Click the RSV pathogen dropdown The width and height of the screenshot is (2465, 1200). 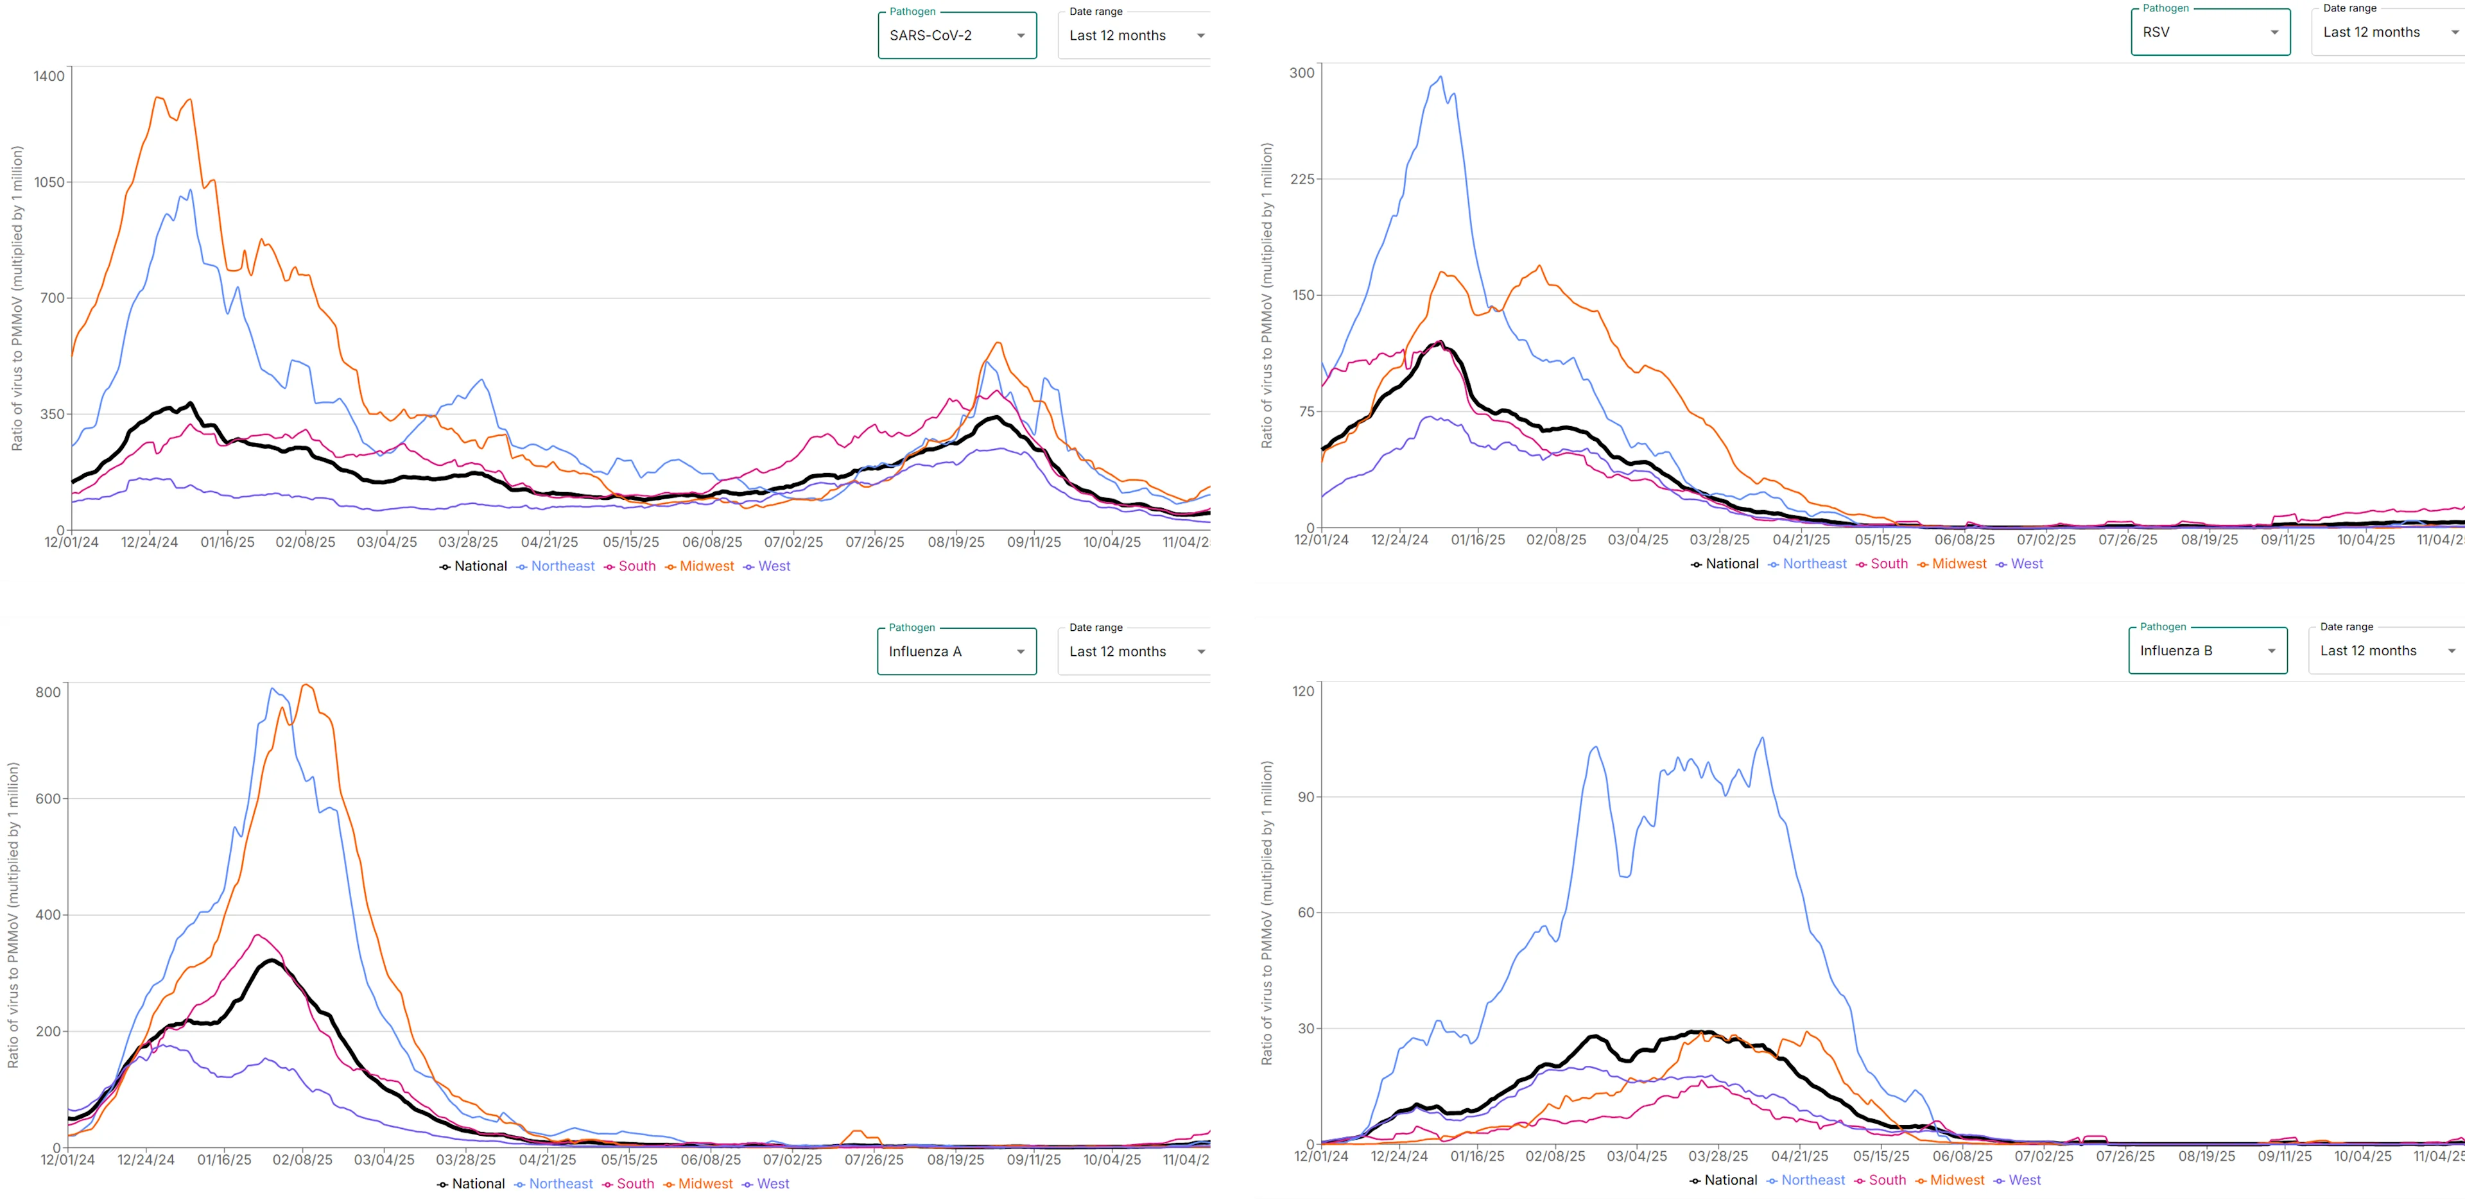pyautogui.click(x=2210, y=33)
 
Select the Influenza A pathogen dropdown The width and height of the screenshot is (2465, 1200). pyautogui.click(x=956, y=652)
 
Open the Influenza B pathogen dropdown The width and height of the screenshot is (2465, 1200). pyautogui.click(x=2207, y=651)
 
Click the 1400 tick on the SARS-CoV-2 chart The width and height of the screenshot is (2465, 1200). pyautogui.click(x=49, y=76)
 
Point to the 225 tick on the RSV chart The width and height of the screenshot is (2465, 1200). pyautogui.click(x=1302, y=179)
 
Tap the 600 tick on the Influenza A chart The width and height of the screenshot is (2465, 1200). pyautogui.click(x=48, y=799)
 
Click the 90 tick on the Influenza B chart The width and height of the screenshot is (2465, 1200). pyautogui.click(x=1305, y=797)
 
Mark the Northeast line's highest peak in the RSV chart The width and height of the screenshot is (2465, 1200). pyautogui.click(x=1441, y=76)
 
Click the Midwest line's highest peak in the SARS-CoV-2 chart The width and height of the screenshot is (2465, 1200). pyautogui.click(x=158, y=97)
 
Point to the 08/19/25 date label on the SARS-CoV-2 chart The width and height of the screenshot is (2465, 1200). pyautogui.click(x=955, y=543)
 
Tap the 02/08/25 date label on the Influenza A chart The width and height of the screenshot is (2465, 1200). pyautogui.click(x=302, y=1160)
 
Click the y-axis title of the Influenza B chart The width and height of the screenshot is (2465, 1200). pyautogui.click(x=1267, y=914)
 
